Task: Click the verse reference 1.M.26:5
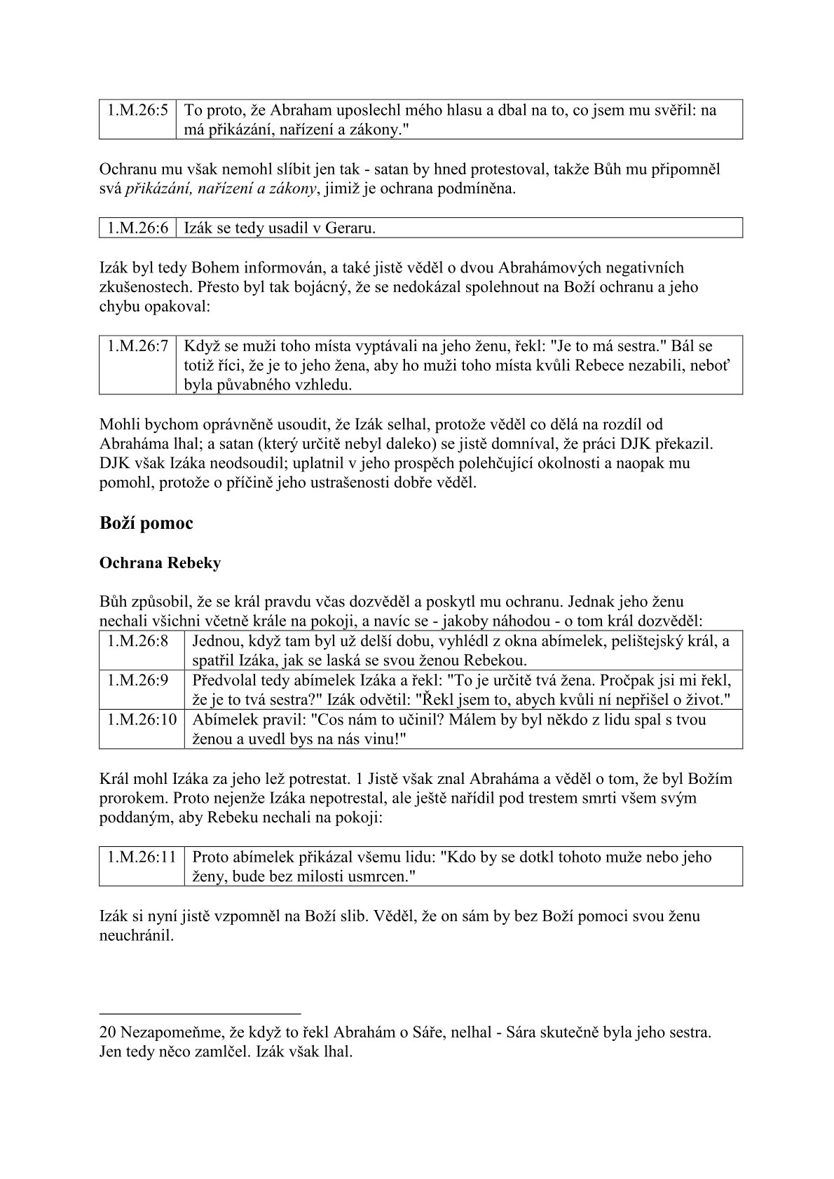(x=137, y=111)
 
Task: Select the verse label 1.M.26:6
(x=137, y=228)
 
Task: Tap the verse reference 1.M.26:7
(x=137, y=345)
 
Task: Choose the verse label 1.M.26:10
(x=142, y=719)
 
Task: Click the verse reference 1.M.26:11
(x=142, y=857)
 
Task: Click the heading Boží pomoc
(x=146, y=523)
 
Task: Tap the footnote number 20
(x=108, y=1033)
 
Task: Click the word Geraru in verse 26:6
(x=354, y=228)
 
